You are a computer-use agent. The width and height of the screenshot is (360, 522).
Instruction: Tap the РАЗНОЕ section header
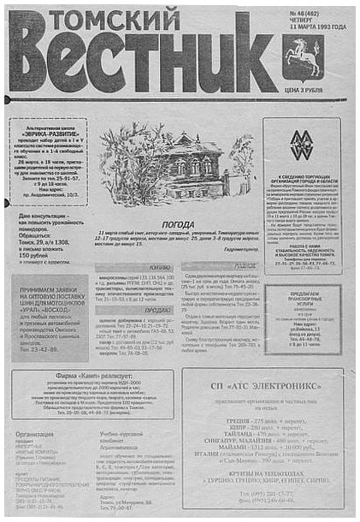pyautogui.click(x=245, y=266)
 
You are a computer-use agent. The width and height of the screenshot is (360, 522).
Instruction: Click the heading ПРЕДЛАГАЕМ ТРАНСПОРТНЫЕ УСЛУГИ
pyautogui.click(x=305, y=299)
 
